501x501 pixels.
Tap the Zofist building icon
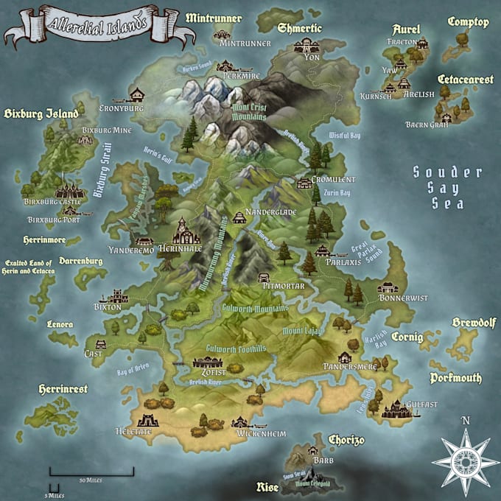pos(207,362)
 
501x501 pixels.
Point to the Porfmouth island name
pos(456,378)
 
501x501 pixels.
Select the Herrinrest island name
pos(63,388)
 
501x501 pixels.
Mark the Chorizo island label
pos(346,440)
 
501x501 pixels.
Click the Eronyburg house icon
pos(137,94)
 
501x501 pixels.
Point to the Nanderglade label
pos(274,211)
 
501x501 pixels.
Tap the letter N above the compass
pos(465,421)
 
